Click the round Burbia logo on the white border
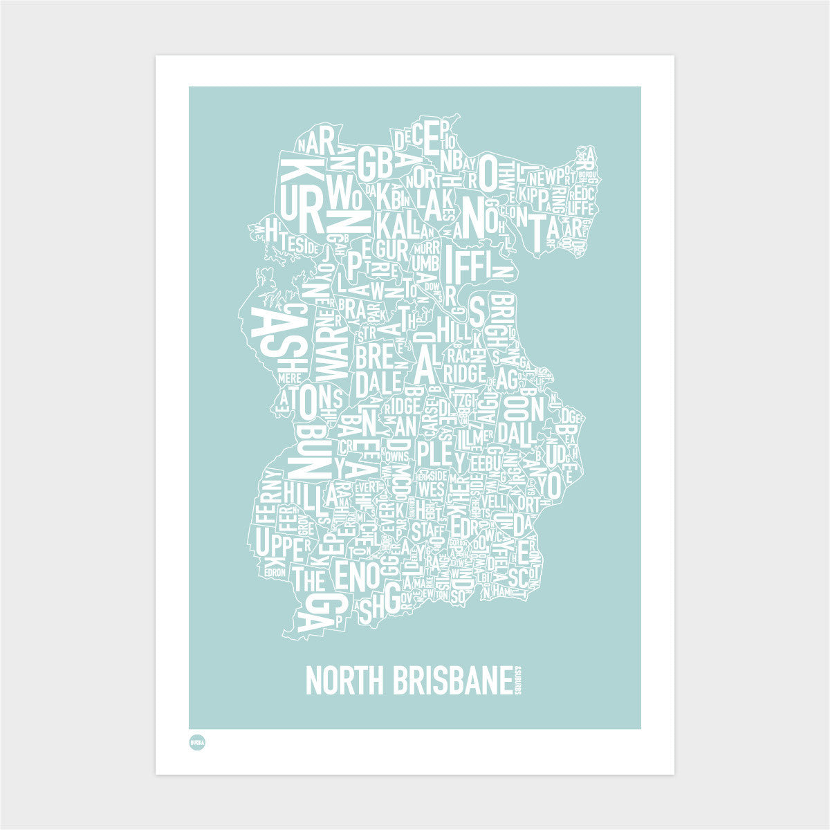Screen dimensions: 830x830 click(x=199, y=742)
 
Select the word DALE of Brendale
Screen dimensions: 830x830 click(x=378, y=382)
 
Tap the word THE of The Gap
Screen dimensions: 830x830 click(x=309, y=578)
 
